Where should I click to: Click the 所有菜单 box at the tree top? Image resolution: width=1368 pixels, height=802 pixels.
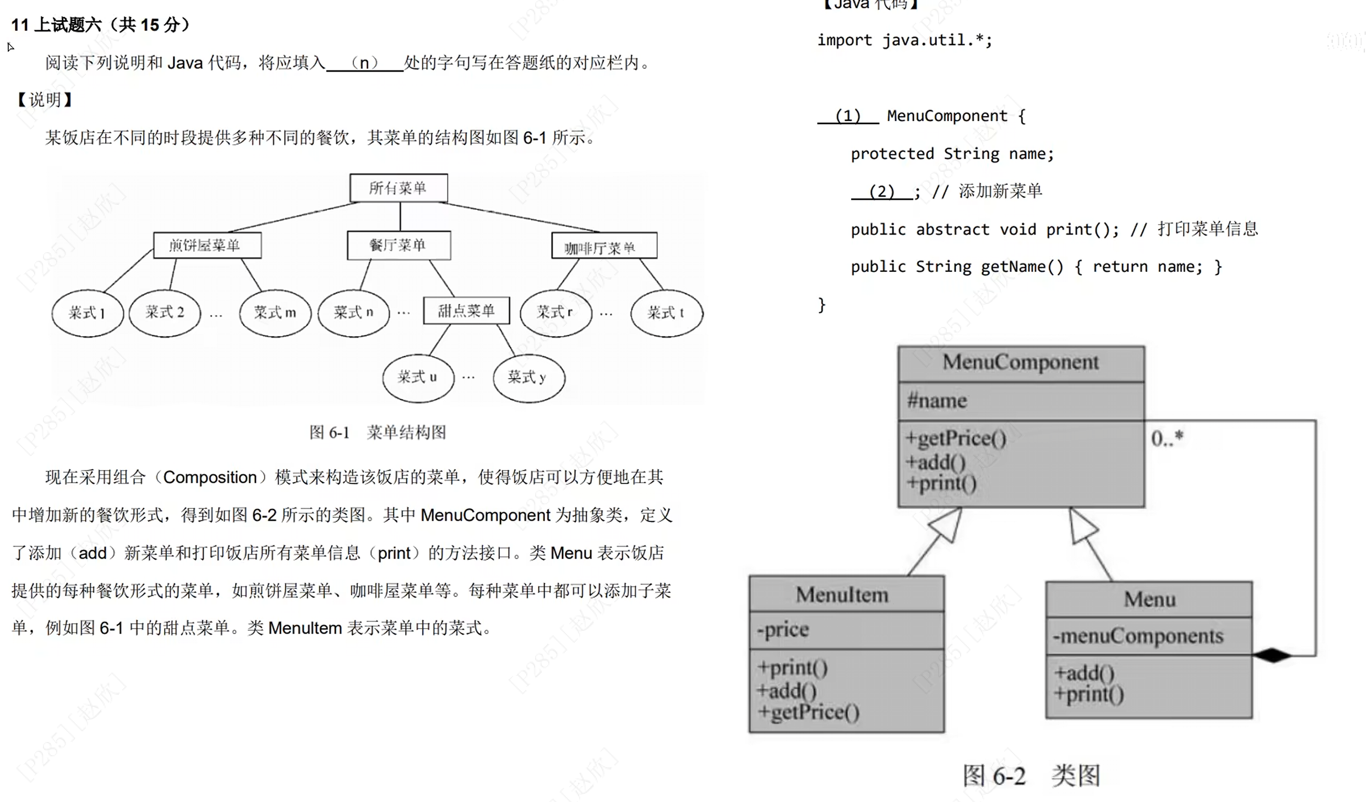click(x=398, y=188)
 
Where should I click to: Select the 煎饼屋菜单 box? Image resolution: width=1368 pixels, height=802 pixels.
click(x=207, y=245)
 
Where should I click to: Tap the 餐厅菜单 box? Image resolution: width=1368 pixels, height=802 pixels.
click(x=398, y=245)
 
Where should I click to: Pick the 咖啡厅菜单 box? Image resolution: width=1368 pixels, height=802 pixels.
click(x=603, y=246)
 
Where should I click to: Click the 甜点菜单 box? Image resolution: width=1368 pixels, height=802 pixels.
click(x=466, y=311)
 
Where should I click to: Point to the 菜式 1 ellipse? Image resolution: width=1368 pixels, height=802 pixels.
click(x=87, y=313)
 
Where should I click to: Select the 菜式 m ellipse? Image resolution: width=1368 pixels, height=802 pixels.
click(x=275, y=313)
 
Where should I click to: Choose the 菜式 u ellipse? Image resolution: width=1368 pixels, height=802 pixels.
click(x=417, y=378)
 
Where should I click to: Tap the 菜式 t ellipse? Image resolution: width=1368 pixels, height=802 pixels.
click(x=666, y=313)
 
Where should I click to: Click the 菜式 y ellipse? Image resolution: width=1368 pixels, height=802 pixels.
click(x=528, y=378)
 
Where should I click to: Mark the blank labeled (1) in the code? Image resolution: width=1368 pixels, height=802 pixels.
click(x=847, y=116)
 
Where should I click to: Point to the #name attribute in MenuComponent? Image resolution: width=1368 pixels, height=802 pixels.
click(x=937, y=401)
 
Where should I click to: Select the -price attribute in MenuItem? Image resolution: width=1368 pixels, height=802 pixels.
click(x=783, y=629)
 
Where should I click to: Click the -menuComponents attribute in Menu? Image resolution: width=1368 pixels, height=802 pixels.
click(x=1138, y=636)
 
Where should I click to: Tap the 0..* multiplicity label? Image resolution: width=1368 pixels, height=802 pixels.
click(x=1167, y=438)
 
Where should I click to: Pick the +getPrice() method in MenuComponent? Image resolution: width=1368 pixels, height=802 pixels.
click(x=956, y=439)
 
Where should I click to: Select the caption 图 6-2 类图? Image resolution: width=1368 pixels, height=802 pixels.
click(x=1031, y=776)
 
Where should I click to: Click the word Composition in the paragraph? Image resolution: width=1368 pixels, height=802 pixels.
click(x=210, y=477)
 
